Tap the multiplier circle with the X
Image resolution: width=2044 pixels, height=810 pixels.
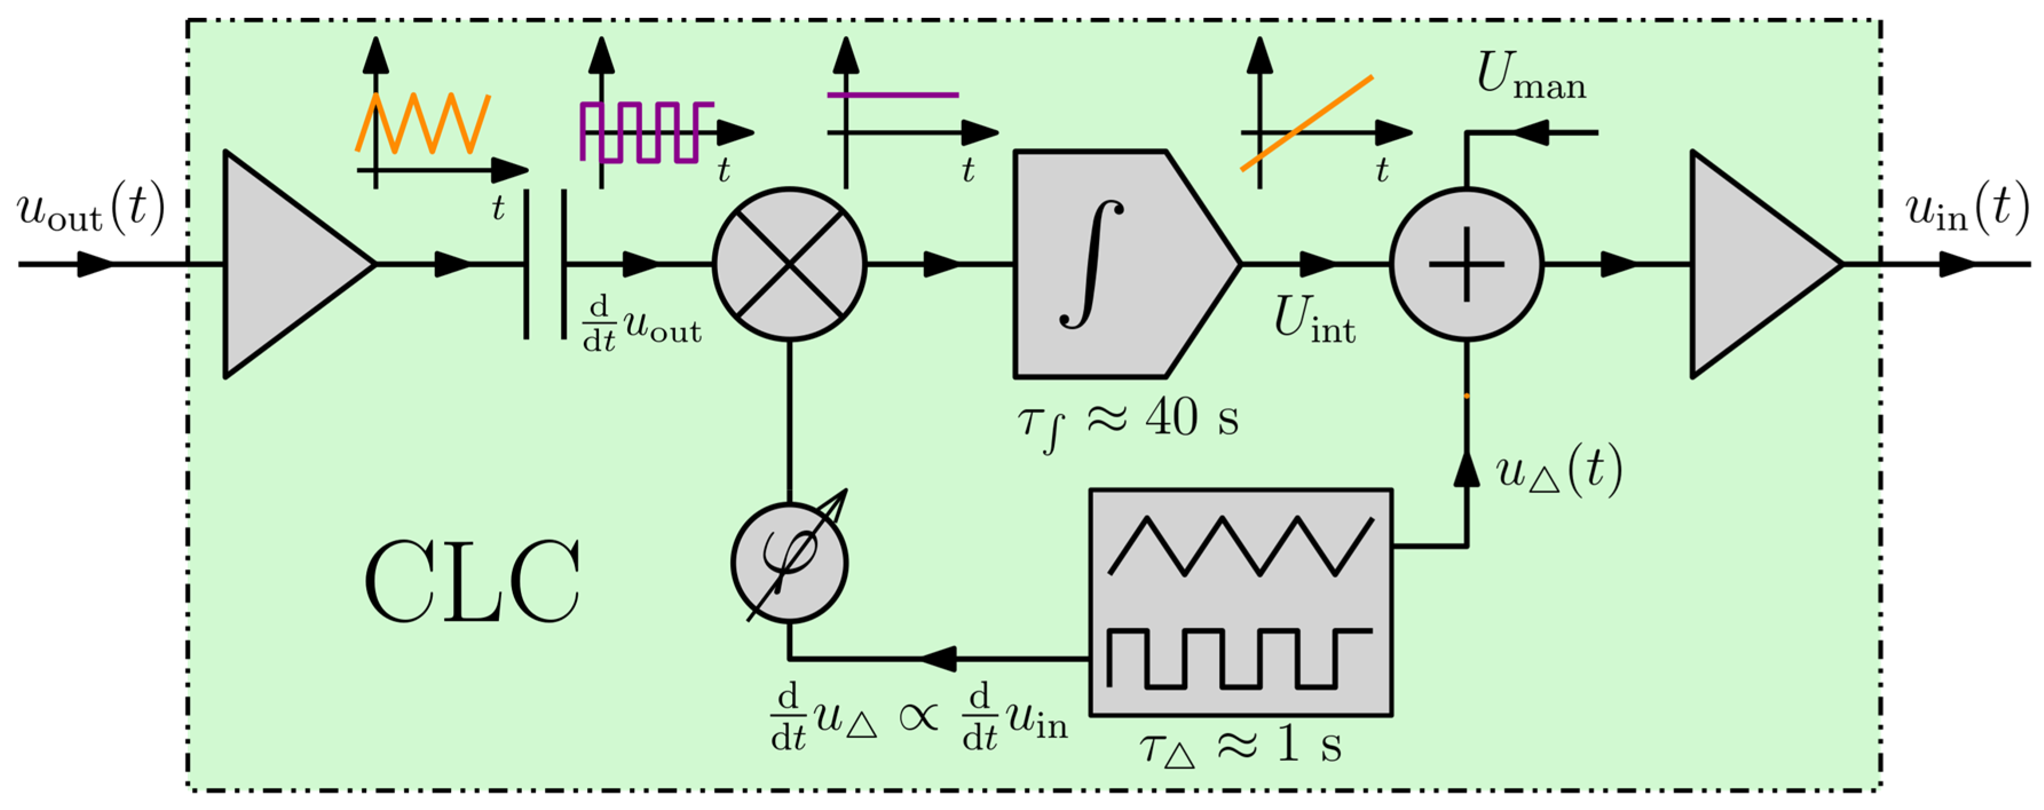[x=789, y=264]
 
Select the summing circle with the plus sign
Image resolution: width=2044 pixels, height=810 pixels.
[x=1466, y=264]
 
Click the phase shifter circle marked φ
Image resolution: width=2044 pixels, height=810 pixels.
[x=789, y=563]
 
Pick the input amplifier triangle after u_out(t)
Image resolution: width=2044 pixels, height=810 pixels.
[x=286, y=264]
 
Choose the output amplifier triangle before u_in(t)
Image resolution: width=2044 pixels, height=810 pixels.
[x=1754, y=264]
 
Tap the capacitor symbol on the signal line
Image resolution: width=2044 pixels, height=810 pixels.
[x=545, y=264]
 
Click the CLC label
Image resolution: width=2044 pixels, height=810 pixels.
[x=472, y=583]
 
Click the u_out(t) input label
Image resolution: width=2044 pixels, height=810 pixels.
[x=90, y=211]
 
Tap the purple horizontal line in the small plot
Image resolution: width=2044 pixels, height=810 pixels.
[x=893, y=95]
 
